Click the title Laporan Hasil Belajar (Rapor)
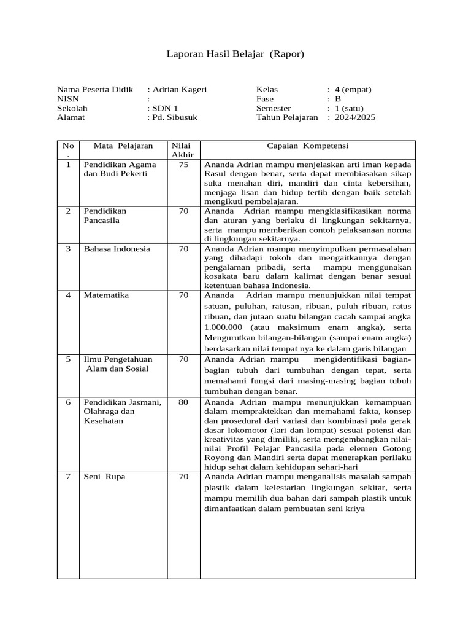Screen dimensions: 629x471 tap(235, 55)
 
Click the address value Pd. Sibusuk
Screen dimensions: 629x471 tap(174, 117)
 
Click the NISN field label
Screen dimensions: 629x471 tap(68, 98)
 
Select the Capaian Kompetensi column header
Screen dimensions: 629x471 tap(307, 146)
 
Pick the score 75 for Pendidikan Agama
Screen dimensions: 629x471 tap(183, 165)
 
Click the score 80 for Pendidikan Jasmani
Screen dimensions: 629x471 tap(183, 402)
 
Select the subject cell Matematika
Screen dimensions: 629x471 tap(106, 295)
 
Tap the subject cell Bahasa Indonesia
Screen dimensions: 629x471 tap(117, 249)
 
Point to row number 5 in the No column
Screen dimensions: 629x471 tap(68, 359)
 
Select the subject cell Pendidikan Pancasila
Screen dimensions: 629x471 tap(105, 215)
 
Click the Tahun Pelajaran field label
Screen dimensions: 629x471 tap(287, 117)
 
